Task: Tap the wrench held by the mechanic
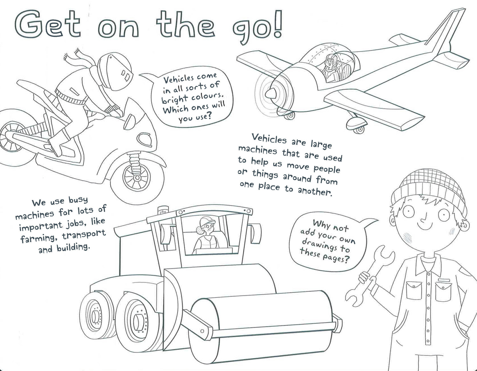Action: (369, 276)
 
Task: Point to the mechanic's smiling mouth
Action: (425, 226)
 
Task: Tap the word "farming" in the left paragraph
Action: (39, 238)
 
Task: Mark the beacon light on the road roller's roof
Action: (162, 210)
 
